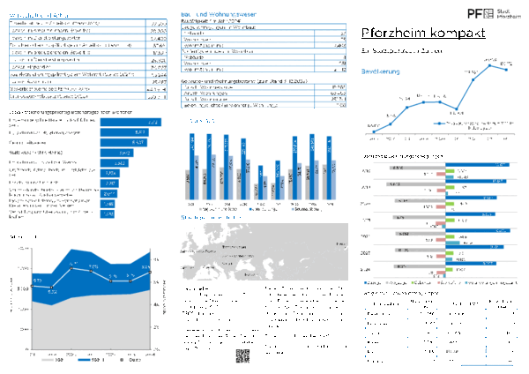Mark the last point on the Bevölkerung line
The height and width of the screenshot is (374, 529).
506,70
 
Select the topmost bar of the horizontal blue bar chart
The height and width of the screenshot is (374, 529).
131,123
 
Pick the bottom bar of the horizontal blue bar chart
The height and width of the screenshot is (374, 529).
108,213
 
